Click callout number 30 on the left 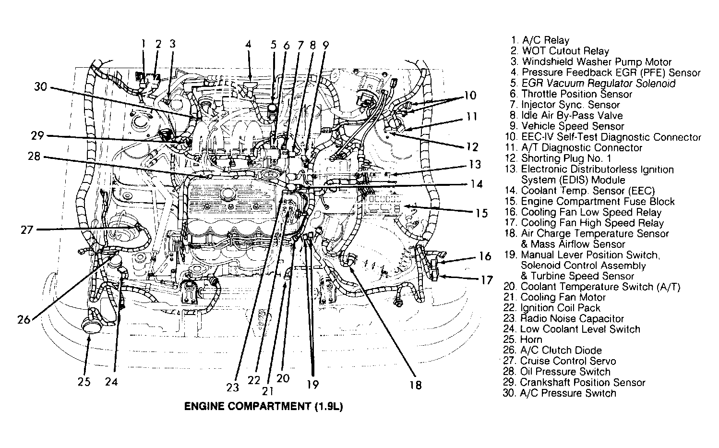click(x=41, y=87)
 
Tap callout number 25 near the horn click(x=84, y=382)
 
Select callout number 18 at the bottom click(x=416, y=384)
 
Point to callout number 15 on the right click(x=481, y=213)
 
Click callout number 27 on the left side click(x=27, y=230)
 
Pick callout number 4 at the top click(x=248, y=45)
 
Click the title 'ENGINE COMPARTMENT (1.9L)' click(x=264, y=406)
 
